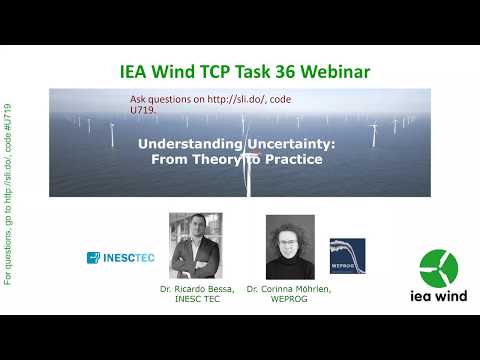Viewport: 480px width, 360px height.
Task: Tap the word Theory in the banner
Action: [x=205, y=158]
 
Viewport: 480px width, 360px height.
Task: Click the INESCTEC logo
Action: [x=120, y=258]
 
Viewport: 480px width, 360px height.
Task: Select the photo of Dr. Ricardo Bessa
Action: [x=196, y=245]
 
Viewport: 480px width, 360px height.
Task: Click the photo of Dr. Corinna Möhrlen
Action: [x=291, y=246]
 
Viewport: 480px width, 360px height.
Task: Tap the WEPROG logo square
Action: [x=347, y=255]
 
